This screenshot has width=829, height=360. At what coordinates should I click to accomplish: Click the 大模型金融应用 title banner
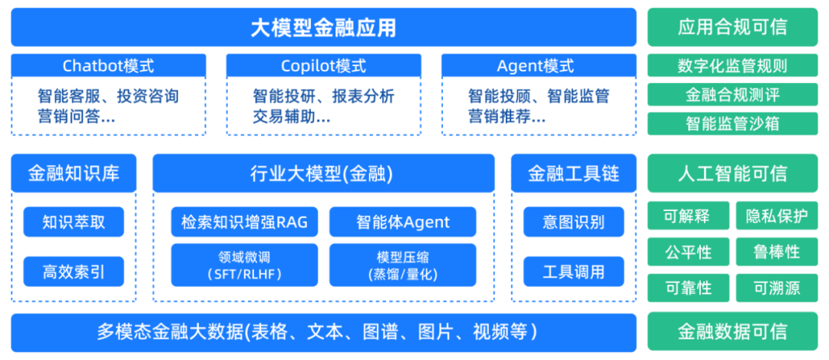click(x=324, y=28)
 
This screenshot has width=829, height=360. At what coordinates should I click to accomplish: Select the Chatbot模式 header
click(x=108, y=66)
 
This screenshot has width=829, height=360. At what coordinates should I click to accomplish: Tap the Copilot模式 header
click(x=324, y=66)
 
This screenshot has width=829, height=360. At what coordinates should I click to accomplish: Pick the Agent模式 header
click(x=539, y=66)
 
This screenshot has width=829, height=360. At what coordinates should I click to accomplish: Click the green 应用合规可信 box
click(x=732, y=28)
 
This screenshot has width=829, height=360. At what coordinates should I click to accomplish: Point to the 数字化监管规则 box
click(x=732, y=65)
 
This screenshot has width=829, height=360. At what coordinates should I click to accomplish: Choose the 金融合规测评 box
click(x=732, y=94)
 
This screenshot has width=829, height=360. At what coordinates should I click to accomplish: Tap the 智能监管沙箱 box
click(x=732, y=124)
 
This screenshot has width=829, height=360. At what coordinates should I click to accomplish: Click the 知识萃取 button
click(x=74, y=222)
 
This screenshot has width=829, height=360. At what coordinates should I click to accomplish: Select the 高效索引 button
click(x=74, y=272)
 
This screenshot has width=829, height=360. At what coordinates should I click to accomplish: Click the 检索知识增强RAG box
click(x=244, y=222)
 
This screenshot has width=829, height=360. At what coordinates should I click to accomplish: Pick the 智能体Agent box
click(x=403, y=222)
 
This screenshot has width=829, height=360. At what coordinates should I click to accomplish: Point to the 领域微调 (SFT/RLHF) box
click(x=244, y=266)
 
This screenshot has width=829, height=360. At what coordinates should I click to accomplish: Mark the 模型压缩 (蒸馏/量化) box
click(x=403, y=266)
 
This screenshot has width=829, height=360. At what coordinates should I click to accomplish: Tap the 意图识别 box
click(x=573, y=222)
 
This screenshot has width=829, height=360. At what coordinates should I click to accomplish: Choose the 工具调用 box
click(x=573, y=272)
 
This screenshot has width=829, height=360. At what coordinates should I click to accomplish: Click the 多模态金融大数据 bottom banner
click(x=324, y=332)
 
